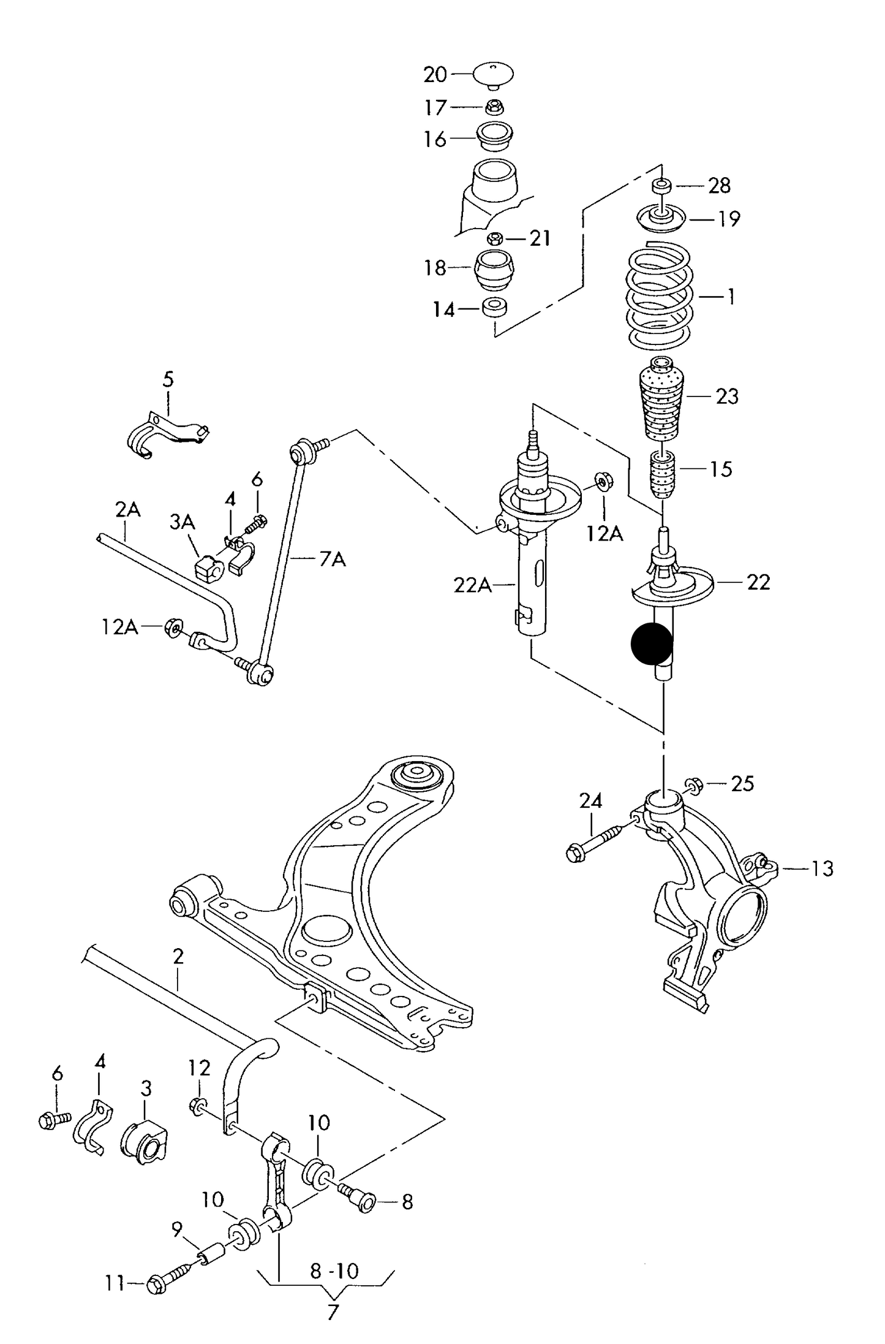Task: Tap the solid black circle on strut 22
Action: pyautogui.click(x=652, y=644)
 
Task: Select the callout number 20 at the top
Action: pyautogui.click(x=435, y=75)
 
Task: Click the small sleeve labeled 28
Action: pyautogui.click(x=661, y=184)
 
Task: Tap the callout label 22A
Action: pyautogui.click(x=472, y=585)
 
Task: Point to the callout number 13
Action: pyautogui.click(x=823, y=868)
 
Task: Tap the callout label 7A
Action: pyautogui.click(x=332, y=559)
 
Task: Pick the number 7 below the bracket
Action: pyautogui.click(x=332, y=1312)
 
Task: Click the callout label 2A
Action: pyautogui.click(x=127, y=509)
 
